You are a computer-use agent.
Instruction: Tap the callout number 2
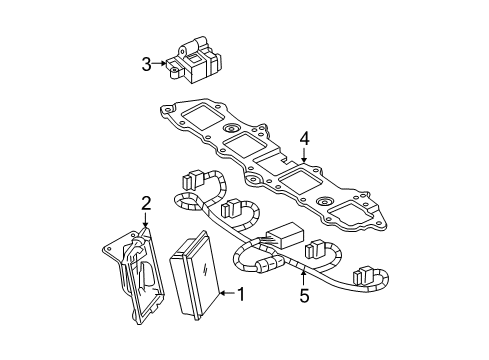tap(146, 204)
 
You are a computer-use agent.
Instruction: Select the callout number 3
tap(146, 65)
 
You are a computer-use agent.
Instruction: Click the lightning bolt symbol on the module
tap(205, 275)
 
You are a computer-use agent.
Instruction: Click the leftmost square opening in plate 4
tap(197, 117)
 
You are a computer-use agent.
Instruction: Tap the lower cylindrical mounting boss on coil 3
tap(175, 72)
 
